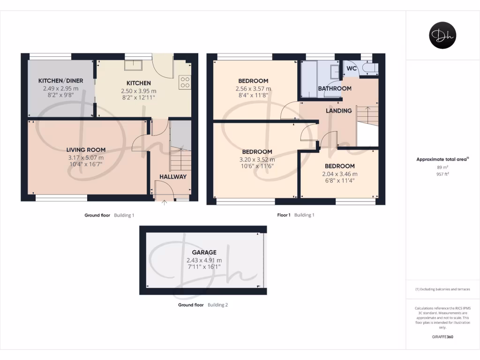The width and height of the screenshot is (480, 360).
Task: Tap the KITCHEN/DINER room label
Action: click(x=60, y=81)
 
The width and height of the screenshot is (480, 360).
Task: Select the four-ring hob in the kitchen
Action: click(x=185, y=82)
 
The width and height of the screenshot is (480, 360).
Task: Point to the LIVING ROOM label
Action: click(x=86, y=150)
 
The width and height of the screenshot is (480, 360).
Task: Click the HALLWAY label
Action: click(x=172, y=177)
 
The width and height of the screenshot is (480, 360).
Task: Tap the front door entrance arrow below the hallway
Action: click(x=164, y=202)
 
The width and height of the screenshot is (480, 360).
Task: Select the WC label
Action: click(x=352, y=68)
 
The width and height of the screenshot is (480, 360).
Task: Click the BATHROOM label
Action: click(x=335, y=89)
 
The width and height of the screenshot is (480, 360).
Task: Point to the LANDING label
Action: click(x=339, y=111)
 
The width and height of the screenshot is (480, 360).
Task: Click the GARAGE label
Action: click(x=204, y=252)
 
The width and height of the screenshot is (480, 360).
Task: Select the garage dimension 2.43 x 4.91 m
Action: click(x=204, y=260)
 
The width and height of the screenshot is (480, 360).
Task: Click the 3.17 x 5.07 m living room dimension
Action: click(x=86, y=157)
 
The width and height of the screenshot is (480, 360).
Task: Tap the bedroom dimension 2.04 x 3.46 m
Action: click(x=340, y=174)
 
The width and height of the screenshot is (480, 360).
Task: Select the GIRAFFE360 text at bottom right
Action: click(x=442, y=337)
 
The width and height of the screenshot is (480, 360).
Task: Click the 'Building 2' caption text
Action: click(x=218, y=305)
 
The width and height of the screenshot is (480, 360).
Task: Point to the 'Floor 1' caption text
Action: click(x=284, y=215)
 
